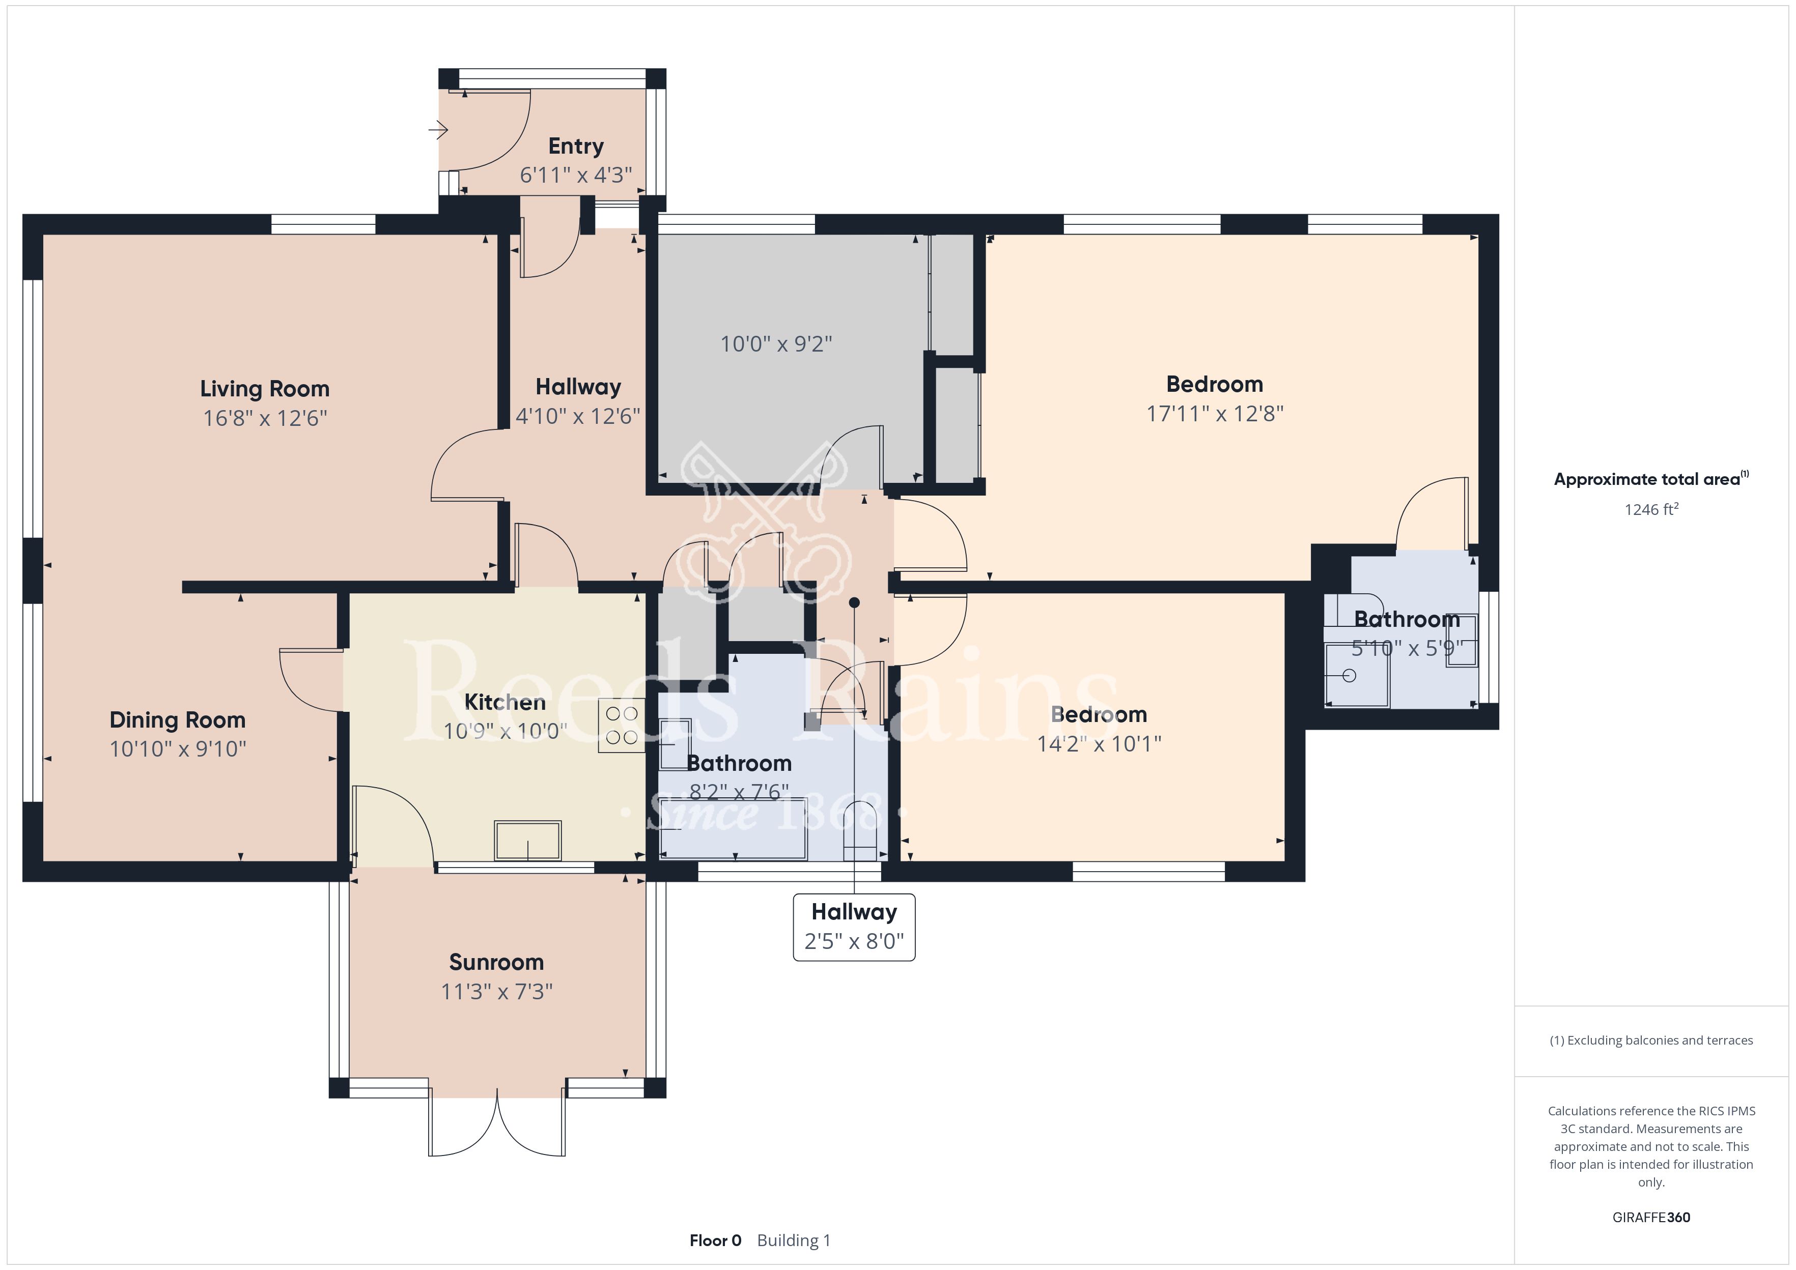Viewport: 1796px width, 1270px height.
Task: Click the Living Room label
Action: tap(264, 389)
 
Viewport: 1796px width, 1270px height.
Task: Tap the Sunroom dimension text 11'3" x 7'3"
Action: tap(497, 992)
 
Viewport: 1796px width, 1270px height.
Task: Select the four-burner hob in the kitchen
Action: tap(622, 725)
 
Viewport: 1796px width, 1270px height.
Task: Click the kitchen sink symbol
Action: tap(527, 841)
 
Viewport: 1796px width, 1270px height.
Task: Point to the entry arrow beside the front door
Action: tap(438, 129)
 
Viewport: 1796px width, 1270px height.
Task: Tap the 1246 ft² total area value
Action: tap(1651, 509)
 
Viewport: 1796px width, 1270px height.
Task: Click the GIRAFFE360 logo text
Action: tap(1651, 1217)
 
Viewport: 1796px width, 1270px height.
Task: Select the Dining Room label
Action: tap(178, 719)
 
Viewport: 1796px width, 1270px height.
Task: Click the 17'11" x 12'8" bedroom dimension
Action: tap(1215, 413)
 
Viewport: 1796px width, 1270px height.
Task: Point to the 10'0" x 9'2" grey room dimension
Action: tap(776, 343)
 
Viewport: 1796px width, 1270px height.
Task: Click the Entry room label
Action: tap(576, 146)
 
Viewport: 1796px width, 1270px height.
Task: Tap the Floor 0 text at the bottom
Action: tap(715, 1240)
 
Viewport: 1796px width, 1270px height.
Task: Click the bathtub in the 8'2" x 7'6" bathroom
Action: tap(733, 829)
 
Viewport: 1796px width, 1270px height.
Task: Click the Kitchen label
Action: tap(506, 702)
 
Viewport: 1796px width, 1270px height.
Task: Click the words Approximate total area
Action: tap(1647, 479)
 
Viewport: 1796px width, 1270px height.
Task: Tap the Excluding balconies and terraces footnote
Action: tap(1651, 1040)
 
